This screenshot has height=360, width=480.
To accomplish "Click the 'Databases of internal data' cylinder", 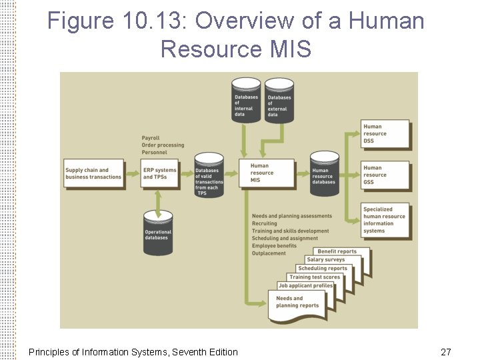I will tap(246, 101).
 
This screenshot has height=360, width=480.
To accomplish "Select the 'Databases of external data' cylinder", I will tap(279, 102).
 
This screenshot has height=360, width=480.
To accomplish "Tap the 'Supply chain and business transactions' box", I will tap(93, 173).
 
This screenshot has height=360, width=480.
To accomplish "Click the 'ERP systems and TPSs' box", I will tap(159, 173).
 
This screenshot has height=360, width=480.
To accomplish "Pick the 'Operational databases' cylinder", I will tap(158, 233).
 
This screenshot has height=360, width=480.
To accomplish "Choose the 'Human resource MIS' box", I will tap(271, 173).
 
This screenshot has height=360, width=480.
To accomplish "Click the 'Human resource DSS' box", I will tap(385, 134).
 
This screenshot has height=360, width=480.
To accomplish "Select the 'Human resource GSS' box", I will tap(385, 175).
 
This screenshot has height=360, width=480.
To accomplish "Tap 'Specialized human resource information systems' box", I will tap(385, 220).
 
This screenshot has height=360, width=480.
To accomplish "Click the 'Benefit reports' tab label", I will tap(337, 251).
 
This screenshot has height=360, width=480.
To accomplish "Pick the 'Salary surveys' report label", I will tap(326, 260).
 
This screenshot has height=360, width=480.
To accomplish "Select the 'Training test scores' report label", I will tap(314, 277).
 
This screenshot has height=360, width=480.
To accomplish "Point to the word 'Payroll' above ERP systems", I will tap(151, 139).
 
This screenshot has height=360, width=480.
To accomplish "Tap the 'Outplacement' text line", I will tap(269, 253).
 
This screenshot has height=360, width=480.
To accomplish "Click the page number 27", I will tap(446, 351).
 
